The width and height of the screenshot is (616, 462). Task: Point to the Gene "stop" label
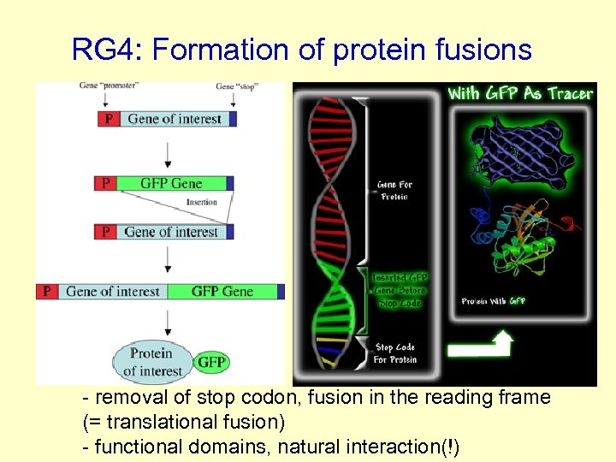236,87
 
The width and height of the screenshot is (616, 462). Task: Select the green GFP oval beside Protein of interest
211,362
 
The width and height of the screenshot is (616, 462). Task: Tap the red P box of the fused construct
46,292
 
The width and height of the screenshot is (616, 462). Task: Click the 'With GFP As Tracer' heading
520,93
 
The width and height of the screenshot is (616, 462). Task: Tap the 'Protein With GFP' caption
494,301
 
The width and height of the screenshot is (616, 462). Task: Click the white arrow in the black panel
480,346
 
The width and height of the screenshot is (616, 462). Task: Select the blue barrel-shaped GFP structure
516,151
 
